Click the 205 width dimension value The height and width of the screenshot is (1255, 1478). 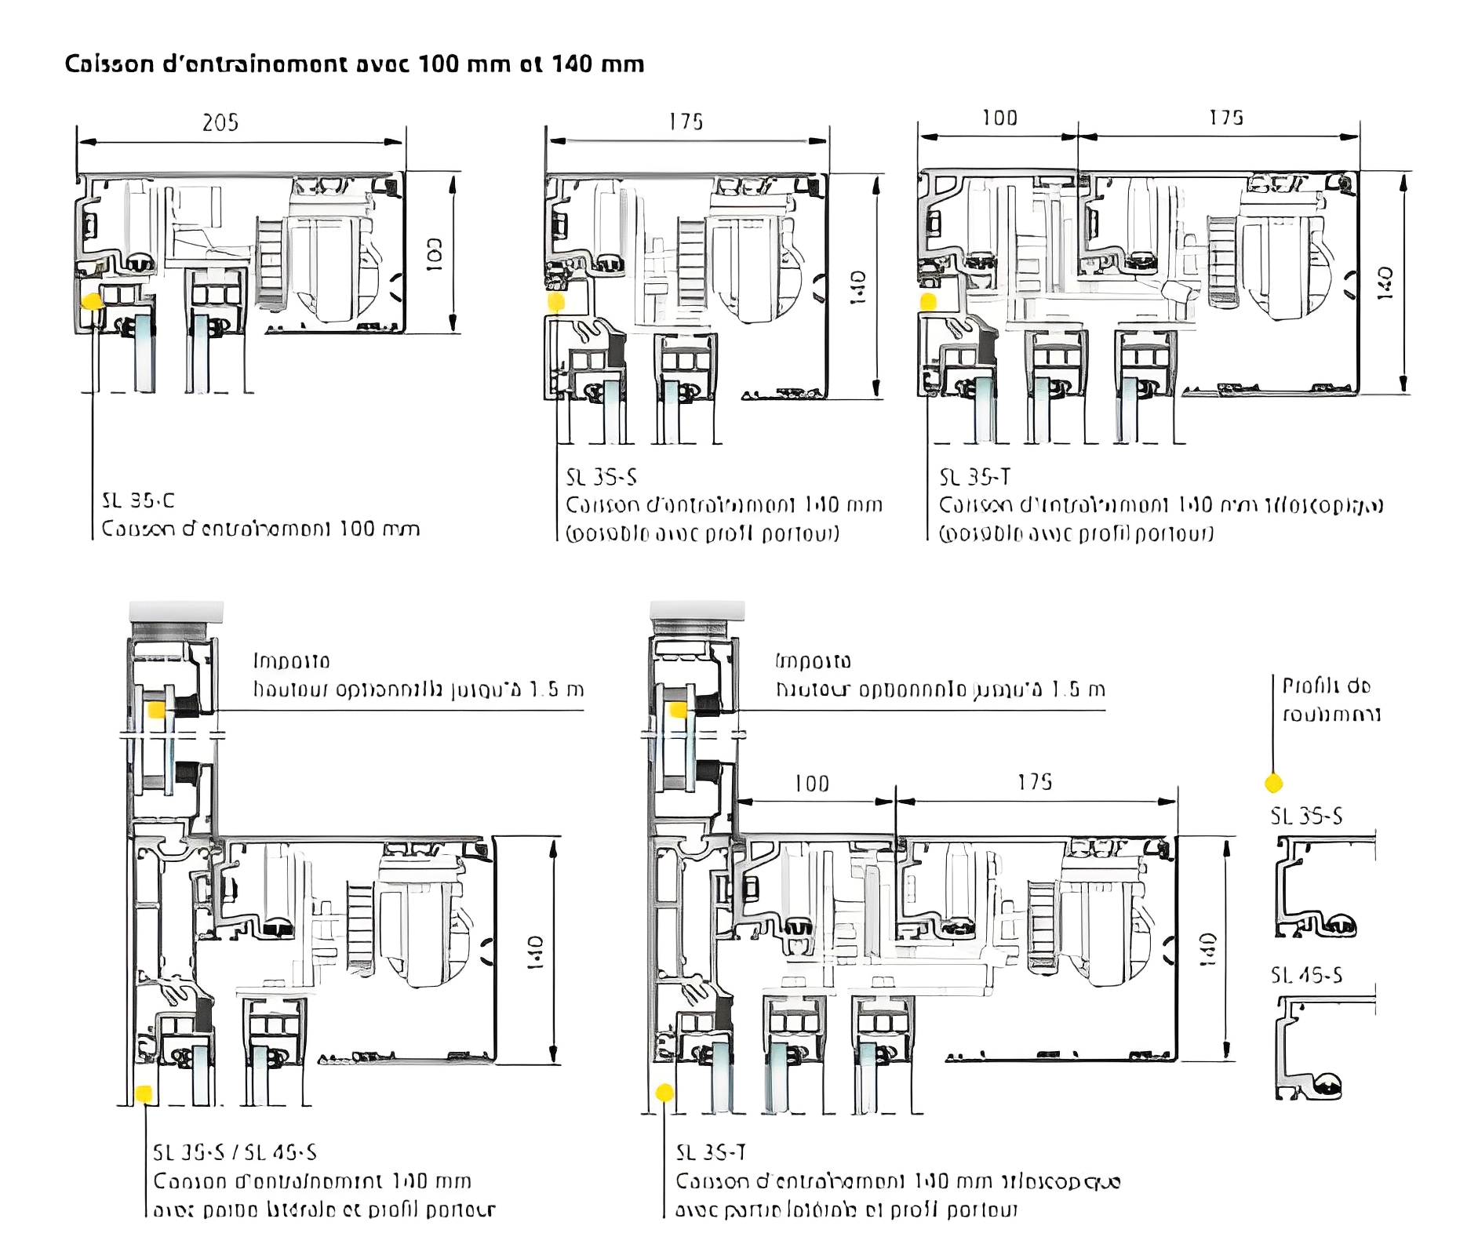tap(220, 122)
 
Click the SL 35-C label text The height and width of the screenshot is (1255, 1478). tap(138, 500)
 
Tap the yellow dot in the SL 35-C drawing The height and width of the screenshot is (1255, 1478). tap(93, 301)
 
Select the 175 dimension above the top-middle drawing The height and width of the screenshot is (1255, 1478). tap(686, 122)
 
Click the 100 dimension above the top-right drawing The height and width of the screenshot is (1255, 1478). tap(999, 118)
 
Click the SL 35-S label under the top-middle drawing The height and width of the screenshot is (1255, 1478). tap(601, 477)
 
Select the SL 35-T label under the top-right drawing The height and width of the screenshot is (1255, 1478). tap(974, 477)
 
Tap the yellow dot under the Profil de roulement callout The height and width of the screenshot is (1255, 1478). tap(1273, 783)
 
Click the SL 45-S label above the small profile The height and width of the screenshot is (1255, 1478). tap(1306, 975)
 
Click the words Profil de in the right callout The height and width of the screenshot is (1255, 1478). tap(1326, 686)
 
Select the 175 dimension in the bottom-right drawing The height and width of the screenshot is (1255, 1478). tap(1035, 782)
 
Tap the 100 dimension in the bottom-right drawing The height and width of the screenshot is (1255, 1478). tap(811, 784)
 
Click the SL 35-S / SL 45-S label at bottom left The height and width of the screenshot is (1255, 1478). tap(235, 1152)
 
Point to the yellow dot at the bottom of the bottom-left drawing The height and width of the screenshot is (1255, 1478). tap(143, 1093)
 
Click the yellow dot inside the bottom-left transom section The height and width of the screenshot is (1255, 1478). tap(156, 710)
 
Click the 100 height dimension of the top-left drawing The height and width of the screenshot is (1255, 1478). tap(434, 255)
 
